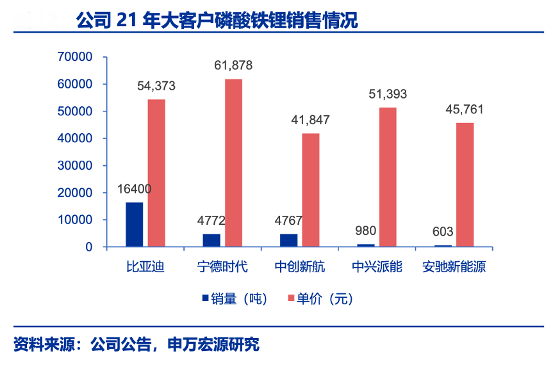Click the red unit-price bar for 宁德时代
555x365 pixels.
(233, 163)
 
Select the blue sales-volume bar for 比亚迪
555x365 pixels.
(135, 224)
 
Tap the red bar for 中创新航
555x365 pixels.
(310, 190)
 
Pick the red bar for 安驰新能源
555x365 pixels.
(465, 184)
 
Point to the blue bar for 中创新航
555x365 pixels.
(288, 240)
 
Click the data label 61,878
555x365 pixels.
(233, 65)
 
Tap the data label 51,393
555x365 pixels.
(388, 94)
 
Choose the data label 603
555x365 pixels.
(443, 231)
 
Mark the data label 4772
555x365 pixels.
(211, 220)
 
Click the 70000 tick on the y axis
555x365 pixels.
(75, 57)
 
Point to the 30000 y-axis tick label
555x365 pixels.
(75, 165)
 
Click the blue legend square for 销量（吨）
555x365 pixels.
(205, 298)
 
